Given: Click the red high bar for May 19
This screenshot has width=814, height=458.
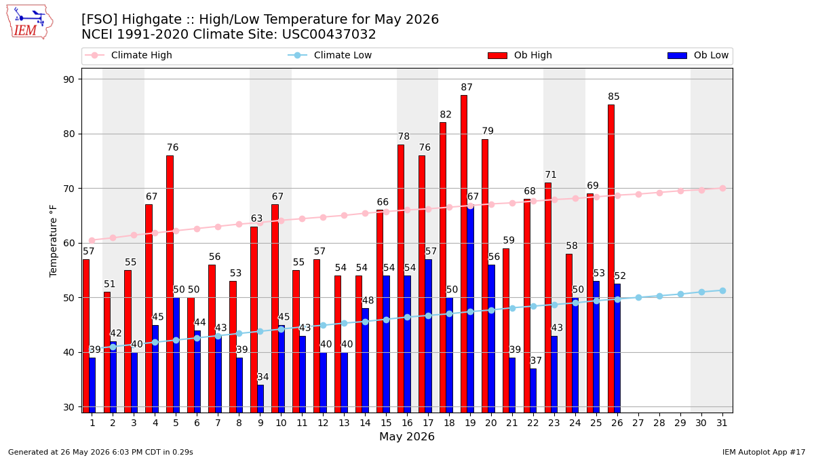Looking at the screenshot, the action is point(464,254).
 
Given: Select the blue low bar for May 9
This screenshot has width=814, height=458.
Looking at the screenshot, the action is point(260,399).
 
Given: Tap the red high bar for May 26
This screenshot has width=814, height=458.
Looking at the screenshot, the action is point(611,259).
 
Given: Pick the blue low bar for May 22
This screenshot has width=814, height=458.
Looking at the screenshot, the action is point(533,391).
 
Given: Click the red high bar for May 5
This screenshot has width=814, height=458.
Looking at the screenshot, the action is point(170,284).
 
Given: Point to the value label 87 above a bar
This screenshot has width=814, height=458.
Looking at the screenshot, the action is point(467,88).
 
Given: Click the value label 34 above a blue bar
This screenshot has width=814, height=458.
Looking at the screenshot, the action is point(263,377).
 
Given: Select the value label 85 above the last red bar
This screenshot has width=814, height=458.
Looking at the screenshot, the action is point(613,96).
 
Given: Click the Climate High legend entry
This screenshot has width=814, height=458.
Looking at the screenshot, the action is point(128,55).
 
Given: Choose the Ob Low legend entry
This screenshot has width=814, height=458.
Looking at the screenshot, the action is point(698,55).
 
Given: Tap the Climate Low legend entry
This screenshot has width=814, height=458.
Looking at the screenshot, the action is point(330,55).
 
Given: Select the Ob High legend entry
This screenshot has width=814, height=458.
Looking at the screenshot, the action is point(520,55).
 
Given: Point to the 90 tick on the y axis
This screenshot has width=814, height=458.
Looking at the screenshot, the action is point(69,79).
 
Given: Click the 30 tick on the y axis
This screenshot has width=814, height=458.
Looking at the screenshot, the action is point(69,407).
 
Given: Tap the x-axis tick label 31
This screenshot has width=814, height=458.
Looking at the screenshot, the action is point(722,423).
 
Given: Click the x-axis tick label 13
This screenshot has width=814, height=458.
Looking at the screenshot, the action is point(344,423).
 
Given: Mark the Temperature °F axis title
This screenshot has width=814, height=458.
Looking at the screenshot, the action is point(53,241).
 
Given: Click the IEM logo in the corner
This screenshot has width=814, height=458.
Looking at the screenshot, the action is point(30,22).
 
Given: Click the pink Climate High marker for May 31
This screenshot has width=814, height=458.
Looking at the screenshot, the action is point(722,189).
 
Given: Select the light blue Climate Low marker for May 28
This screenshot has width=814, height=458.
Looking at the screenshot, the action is point(659,297).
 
